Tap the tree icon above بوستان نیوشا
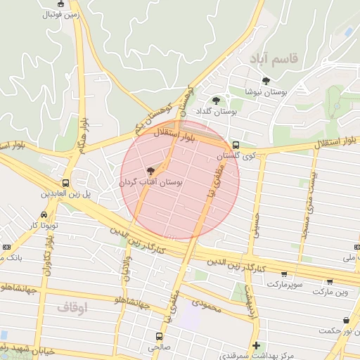point(266,81)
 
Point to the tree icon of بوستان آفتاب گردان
point(150,171)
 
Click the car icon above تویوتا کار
point(44,214)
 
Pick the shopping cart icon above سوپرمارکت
point(283,274)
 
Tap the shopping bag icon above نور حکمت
point(345,321)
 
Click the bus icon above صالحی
point(158,337)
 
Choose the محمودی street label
point(205,304)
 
